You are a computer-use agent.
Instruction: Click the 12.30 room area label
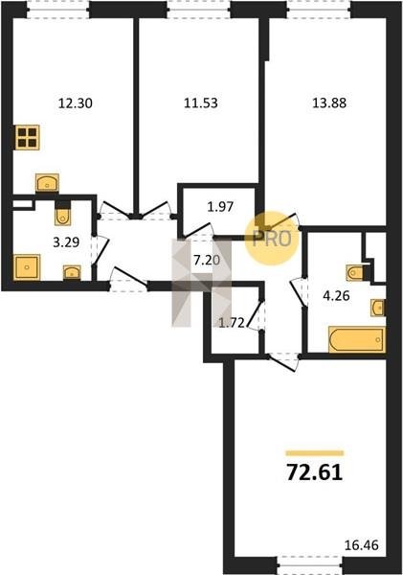click(x=75, y=103)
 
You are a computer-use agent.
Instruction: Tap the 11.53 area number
click(x=201, y=103)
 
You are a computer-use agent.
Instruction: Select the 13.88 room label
click(x=329, y=103)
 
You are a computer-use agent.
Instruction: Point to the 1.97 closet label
click(x=220, y=207)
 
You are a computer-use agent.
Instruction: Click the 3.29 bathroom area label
click(x=66, y=242)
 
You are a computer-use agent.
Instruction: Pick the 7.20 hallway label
click(x=207, y=261)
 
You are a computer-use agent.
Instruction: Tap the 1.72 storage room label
click(x=232, y=323)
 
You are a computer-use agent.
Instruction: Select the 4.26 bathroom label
click(x=336, y=295)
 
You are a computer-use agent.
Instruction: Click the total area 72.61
click(x=314, y=472)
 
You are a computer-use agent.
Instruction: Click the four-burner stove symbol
click(x=28, y=137)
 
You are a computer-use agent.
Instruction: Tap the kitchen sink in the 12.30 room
click(x=47, y=182)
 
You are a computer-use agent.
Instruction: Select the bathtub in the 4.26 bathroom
click(x=357, y=339)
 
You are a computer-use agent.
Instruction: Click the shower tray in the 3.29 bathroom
click(x=27, y=267)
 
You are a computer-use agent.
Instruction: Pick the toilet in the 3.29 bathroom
click(x=63, y=217)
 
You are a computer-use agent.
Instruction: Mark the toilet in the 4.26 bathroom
click(x=355, y=273)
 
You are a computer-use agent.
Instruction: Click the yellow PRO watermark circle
click(x=272, y=239)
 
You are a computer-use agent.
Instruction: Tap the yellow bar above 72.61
click(x=315, y=453)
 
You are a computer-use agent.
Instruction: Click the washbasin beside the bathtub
click(x=378, y=308)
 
